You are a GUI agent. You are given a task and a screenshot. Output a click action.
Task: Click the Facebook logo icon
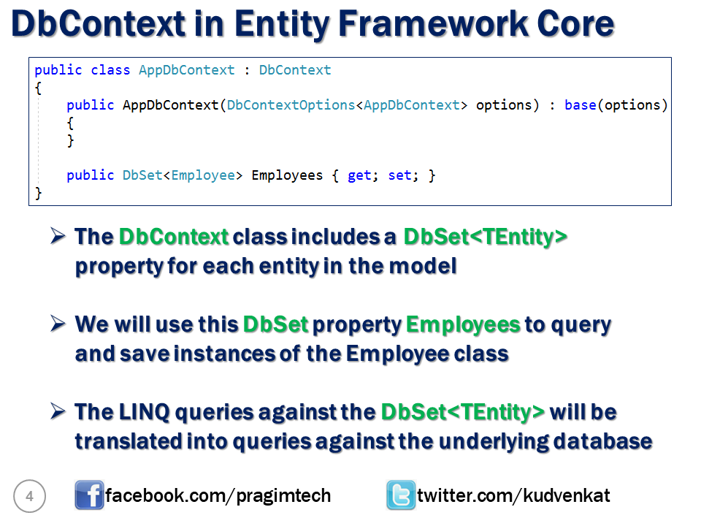89,495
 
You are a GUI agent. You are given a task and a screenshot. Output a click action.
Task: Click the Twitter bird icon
401,495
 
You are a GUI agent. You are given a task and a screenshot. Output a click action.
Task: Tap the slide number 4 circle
29,496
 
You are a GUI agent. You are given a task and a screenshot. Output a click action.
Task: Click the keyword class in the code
110,70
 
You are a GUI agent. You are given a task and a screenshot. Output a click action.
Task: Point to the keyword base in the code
581,105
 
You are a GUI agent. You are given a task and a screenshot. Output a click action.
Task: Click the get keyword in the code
359,175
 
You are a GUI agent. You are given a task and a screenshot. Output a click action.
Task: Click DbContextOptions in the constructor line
291,105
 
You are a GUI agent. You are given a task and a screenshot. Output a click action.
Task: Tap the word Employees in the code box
287,175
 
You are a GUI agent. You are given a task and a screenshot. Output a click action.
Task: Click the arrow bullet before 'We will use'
58,324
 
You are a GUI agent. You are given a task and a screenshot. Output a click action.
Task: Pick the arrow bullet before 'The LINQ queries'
58,411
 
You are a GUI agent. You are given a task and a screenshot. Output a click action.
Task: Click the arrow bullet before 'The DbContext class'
58,236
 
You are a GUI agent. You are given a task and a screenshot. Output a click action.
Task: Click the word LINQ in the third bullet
145,412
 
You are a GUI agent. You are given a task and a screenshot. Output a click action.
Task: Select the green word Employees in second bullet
463,325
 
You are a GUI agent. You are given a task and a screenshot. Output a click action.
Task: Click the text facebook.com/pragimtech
218,495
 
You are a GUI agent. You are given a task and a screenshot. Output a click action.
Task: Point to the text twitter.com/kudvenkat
513,495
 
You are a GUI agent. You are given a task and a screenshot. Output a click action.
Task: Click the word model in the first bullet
423,266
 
